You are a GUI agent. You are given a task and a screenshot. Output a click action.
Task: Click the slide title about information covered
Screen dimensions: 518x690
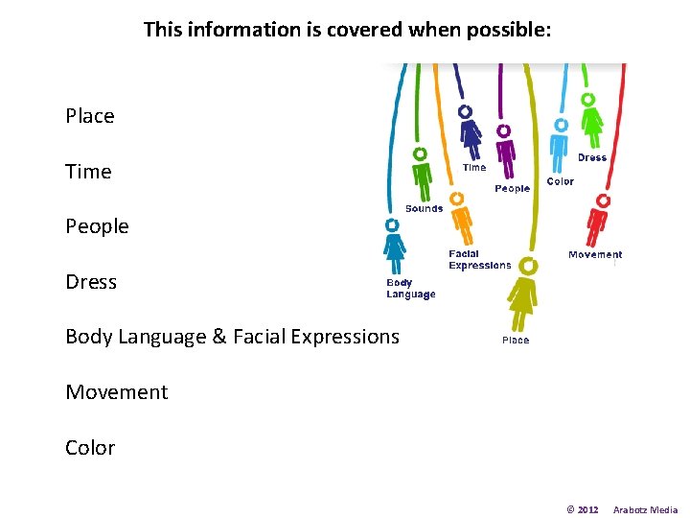click(347, 30)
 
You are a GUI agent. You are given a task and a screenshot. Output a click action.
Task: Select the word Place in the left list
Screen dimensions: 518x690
click(90, 116)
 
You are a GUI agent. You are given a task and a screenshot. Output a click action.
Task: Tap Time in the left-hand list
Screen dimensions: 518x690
click(88, 172)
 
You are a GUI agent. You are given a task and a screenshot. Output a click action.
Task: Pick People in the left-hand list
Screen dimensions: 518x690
click(97, 226)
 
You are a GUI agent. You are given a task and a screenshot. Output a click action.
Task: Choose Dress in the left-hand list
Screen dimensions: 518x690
click(91, 282)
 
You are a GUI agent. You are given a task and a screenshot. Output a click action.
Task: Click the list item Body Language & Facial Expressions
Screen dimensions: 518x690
click(232, 337)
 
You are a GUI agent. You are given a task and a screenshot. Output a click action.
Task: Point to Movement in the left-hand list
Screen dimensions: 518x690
click(116, 392)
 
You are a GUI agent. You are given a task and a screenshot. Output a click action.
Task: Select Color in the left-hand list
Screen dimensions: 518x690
click(90, 448)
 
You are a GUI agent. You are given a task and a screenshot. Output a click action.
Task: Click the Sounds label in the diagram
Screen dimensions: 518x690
click(424, 209)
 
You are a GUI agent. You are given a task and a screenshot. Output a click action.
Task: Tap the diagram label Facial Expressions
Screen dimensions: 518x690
click(479, 260)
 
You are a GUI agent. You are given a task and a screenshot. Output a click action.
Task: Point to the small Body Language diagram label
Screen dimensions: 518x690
click(410, 289)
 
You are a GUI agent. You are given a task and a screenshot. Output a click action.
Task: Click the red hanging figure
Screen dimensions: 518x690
click(599, 223)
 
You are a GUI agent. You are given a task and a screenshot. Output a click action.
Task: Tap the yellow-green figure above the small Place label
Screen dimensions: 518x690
click(522, 293)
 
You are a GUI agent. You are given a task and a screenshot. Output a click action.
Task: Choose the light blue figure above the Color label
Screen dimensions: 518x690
click(559, 145)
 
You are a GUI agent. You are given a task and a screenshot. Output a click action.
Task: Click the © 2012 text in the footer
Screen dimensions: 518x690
click(583, 509)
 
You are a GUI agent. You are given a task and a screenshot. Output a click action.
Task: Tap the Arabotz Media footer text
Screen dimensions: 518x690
click(645, 509)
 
